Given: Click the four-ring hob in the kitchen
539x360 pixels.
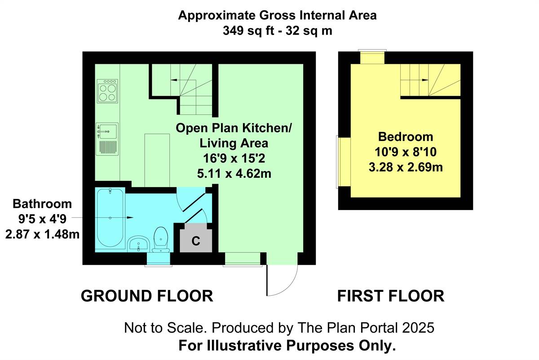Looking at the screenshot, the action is pos(107,91).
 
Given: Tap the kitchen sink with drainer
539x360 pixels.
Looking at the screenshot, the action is pos(107,139).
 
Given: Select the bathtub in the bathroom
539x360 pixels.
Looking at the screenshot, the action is pos(110,218).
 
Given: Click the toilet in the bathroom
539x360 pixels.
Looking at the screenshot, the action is pos(160,239).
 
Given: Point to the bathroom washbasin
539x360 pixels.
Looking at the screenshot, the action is pos(138,243).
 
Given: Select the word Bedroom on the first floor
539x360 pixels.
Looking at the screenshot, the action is pos(406,137).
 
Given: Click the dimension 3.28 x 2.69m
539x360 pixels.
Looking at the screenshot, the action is pos(406,167).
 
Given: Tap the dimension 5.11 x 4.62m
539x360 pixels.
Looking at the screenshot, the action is pos(234,174).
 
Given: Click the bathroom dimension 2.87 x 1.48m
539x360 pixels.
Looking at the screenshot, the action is pos(42,234).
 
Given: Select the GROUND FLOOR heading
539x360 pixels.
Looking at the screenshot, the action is pos(147,296).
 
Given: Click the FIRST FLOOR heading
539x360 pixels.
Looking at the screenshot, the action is pos(391,296).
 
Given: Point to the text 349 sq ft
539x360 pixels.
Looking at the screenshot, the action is pos(248,31).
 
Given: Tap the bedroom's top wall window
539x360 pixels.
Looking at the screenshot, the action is pos(372,57).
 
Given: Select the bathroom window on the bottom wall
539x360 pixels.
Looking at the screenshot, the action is pos(159,259).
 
